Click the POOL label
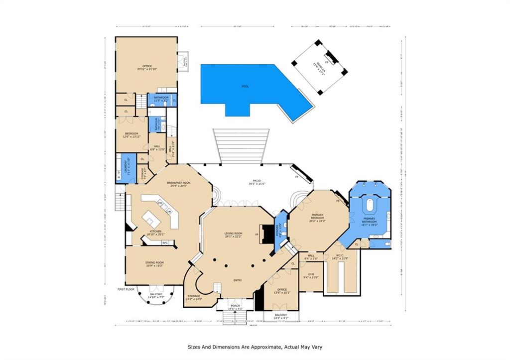tap(245, 87)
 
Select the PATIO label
tap(260, 182)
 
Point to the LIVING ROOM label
tap(233, 234)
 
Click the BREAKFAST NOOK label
tap(178, 182)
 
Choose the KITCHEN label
tap(156, 231)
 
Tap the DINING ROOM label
tap(155, 262)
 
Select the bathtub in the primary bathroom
tap(370, 205)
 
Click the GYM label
tap(311, 274)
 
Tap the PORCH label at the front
tap(235, 306)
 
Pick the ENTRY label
tap(238, 280)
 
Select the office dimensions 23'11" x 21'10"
tap(146, 69)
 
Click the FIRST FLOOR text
tap(127, 289)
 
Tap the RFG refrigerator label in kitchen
tap(165, 242)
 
